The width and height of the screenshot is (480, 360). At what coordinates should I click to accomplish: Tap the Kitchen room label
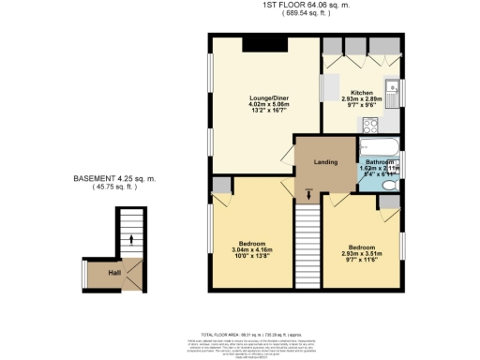(362, 92)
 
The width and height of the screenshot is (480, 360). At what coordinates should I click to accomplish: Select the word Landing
(324, 160)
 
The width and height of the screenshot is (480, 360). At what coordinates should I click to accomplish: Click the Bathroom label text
(379, 161)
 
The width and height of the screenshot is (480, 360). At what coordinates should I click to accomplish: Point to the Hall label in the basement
(114, 273)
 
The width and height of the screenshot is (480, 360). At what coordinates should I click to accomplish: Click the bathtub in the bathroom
(378, 145)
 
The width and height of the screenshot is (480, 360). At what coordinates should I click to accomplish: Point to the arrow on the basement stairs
(131, 240)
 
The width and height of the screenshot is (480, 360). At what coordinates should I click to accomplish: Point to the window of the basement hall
(85, 273)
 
